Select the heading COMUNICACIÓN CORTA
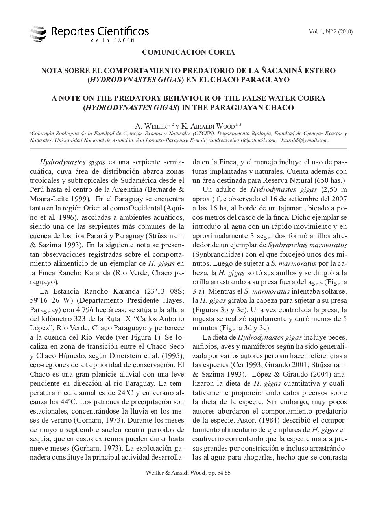point(188,52)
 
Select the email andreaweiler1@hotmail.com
point(243,140)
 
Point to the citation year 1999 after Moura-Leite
point(83,199)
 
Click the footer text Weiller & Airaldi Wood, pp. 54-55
point(188,473)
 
